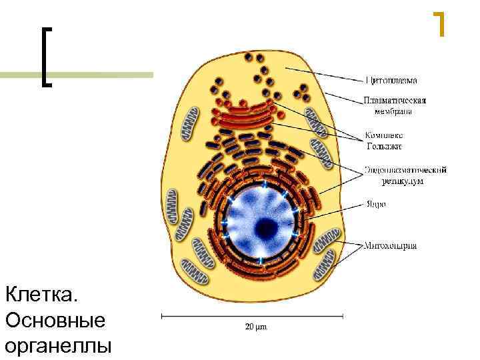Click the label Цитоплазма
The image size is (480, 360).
point(391,81)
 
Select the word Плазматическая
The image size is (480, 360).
point(395,101)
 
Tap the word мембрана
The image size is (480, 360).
point(387,111)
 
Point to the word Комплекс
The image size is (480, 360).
point(385,135)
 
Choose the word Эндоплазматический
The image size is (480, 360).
point(405,170)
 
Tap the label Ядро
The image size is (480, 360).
point(375,204)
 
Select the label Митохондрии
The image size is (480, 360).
point(391,245)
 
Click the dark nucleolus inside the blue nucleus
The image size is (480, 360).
point(267,227)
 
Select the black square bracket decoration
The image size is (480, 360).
point(45,57)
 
